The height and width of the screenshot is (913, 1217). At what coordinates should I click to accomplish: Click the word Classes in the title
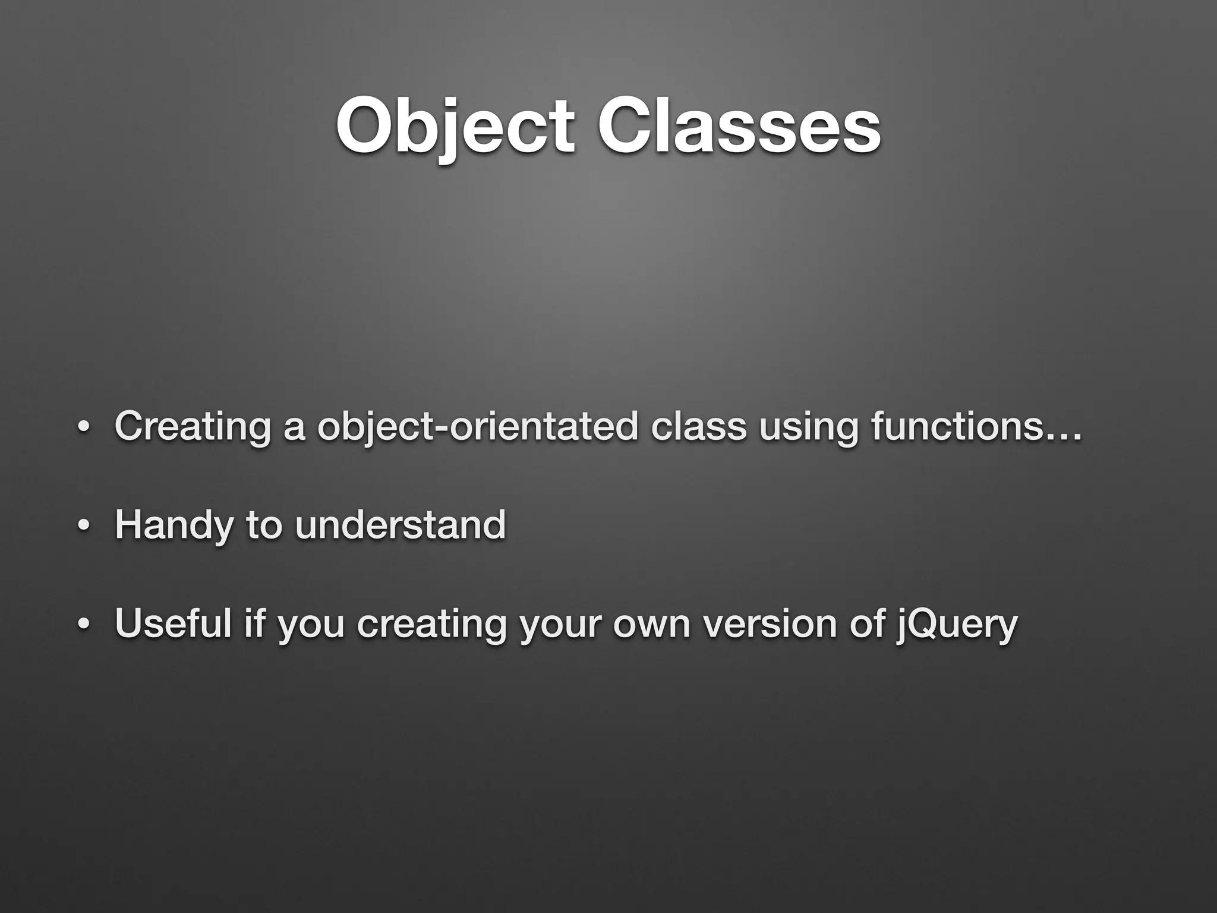(x=739, y=126)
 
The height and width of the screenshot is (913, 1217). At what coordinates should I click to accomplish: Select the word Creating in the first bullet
(x=193, y=427)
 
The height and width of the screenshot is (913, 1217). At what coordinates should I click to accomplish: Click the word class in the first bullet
(x=698, y=427)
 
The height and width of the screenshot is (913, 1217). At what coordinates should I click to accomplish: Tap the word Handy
(x=174, y=525)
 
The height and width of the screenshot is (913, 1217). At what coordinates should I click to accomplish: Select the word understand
(x=400, y=525)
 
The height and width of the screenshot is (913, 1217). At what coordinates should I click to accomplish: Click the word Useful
(x=173, y=624)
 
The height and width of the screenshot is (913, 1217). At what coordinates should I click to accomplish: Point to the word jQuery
(x=956, y=625)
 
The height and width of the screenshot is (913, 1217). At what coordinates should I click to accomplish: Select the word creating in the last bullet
(x=431, y=625)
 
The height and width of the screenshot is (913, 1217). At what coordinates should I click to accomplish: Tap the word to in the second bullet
(x=263, y=525)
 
